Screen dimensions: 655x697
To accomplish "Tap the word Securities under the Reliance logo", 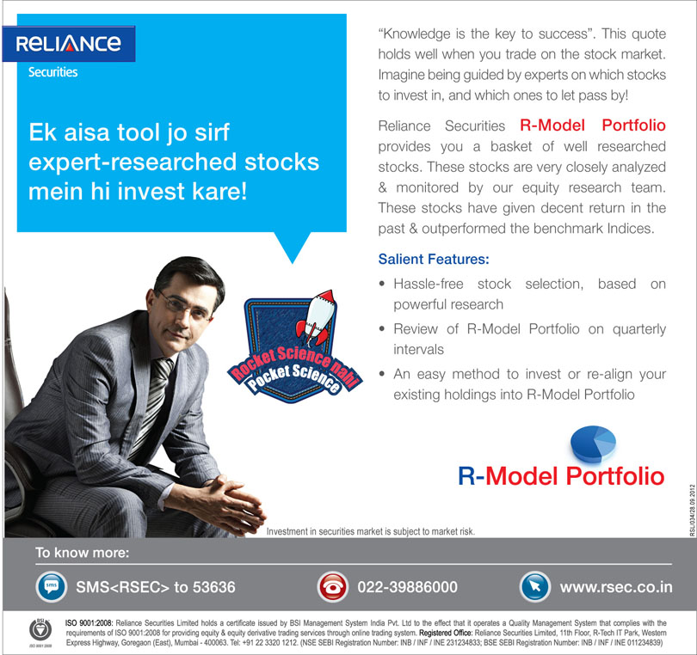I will pyautogui.click(x=52, y=72).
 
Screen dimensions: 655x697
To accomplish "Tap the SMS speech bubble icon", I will pyautogui.click(x=51, y=587).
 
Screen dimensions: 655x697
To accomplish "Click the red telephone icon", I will pyautogui.click(x=330, y=587).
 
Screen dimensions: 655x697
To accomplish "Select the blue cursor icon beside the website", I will pyautogui.click(x=534, y=587).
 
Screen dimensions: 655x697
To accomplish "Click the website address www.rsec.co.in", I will pyautogui.click(x=616, y=588).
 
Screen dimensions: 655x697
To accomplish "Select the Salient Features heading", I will pyautogui.click(x=434, y=259).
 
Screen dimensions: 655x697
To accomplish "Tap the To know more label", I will pyautogui.click(x=82, y=552).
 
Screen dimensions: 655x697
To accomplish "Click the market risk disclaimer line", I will pyautogui.click(x=370, y=531).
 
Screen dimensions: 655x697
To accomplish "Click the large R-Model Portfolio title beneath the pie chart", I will pyautogui.click(x=561, y=476).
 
